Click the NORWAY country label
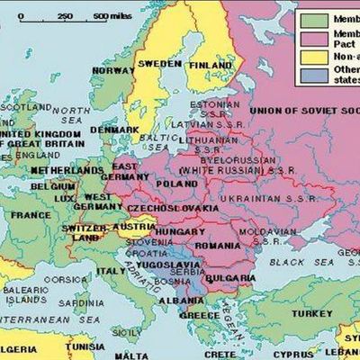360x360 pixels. pos(113,70)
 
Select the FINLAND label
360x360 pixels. pos(210,65)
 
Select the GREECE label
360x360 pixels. pos(199,316)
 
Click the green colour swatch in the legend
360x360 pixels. pos(315,19)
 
